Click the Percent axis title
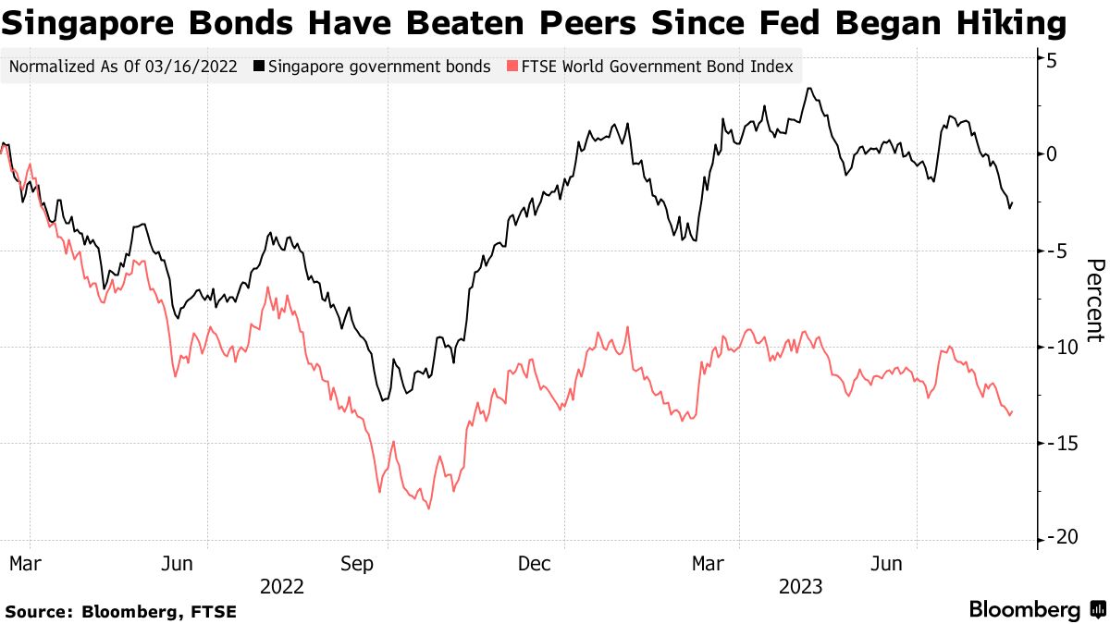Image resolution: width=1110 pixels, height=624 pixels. (x=1093, y=300)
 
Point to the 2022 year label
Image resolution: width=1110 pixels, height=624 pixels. (x=282, y=586)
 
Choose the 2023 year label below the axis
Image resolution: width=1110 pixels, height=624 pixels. (x=801, y=586)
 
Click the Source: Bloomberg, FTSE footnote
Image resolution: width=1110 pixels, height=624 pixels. (x=120, y=611)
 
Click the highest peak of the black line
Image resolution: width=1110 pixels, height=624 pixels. (x=809, y=89)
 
